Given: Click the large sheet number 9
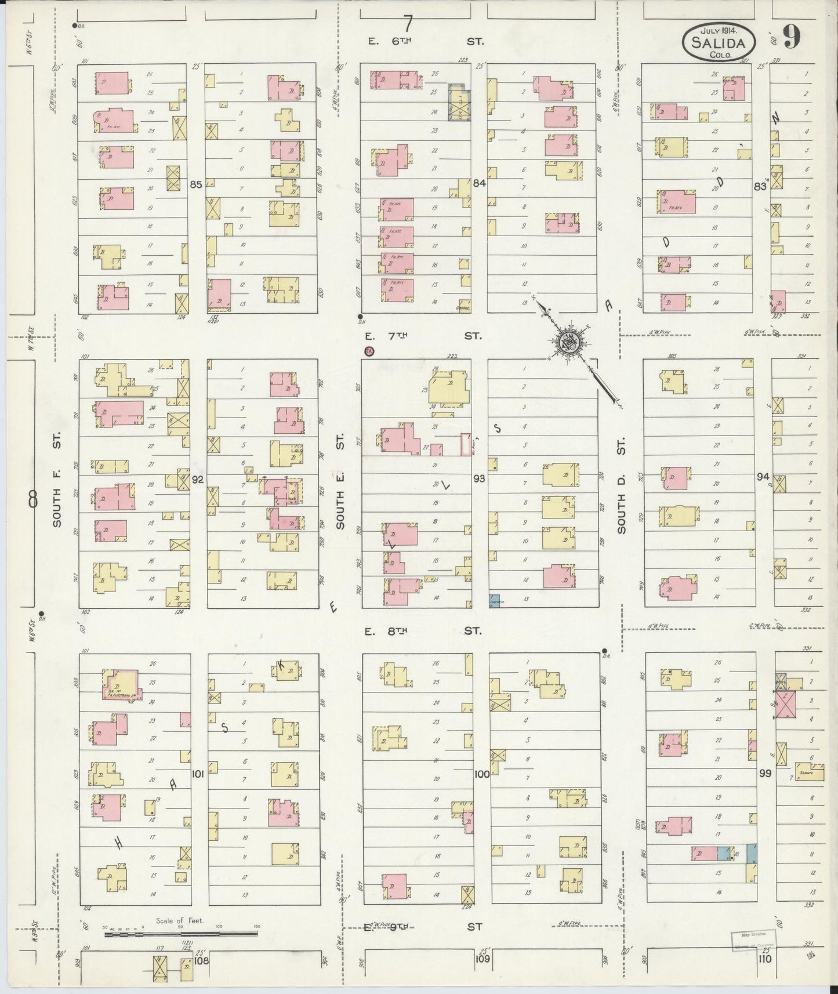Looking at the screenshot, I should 792,38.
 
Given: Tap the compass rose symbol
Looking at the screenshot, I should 569,342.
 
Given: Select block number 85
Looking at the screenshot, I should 196,185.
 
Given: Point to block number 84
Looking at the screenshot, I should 478,183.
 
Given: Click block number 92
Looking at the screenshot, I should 198,480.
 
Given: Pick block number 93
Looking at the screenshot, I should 479,478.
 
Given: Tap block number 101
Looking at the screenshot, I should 198,774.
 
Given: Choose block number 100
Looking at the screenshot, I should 481,774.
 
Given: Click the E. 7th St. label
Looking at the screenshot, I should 423,336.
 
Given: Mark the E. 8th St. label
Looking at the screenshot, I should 423,630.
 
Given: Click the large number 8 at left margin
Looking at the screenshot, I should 32,498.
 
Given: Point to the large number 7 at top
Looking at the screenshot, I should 408,24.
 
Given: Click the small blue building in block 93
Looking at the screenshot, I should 495,600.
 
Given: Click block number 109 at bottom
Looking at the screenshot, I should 482,959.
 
